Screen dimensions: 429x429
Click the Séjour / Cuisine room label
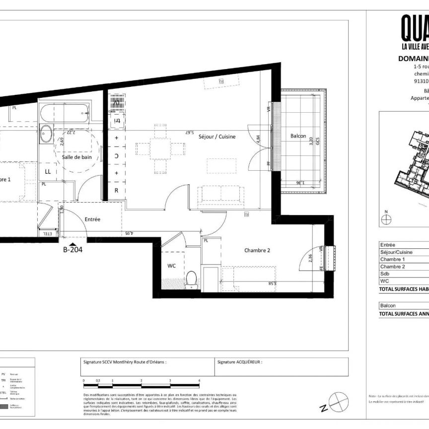click(217, 137)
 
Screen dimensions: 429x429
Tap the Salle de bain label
click(77, 157)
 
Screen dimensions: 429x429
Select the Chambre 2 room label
click(257, 250)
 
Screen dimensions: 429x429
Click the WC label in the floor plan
click(171, 266)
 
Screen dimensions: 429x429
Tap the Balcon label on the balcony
click(298, 137)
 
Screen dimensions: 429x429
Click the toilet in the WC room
click(192, 280)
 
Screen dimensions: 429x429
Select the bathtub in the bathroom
click(65, 115)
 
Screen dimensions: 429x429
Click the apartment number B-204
click(72, 250)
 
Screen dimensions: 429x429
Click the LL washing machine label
click(48, 171)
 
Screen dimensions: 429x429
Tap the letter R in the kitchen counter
click(116, 190)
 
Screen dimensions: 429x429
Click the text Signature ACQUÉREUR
click(239, 362)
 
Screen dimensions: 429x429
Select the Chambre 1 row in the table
click(392, 259)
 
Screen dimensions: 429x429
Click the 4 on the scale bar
click(199, 380)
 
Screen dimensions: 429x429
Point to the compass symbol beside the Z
click(339, 401)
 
